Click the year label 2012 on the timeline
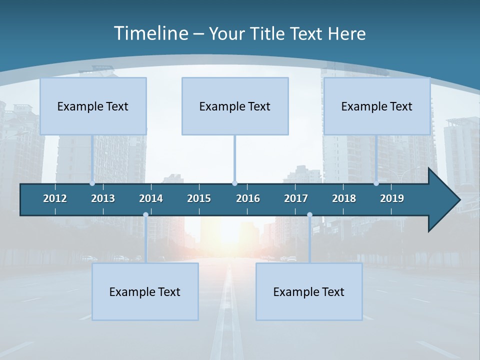55,198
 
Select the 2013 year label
103,198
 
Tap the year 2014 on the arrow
151,198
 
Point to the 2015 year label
199,198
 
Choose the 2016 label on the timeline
248,198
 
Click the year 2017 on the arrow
296,198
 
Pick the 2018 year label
344,198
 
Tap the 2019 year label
392,198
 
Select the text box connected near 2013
93,106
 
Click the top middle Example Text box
235,106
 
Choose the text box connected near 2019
377,106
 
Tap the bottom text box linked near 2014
145,291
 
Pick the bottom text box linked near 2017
309,291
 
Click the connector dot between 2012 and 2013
92,183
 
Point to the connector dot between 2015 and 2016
234,183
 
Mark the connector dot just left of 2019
376,183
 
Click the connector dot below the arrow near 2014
145,215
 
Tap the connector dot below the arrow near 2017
309,215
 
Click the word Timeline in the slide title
150,33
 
